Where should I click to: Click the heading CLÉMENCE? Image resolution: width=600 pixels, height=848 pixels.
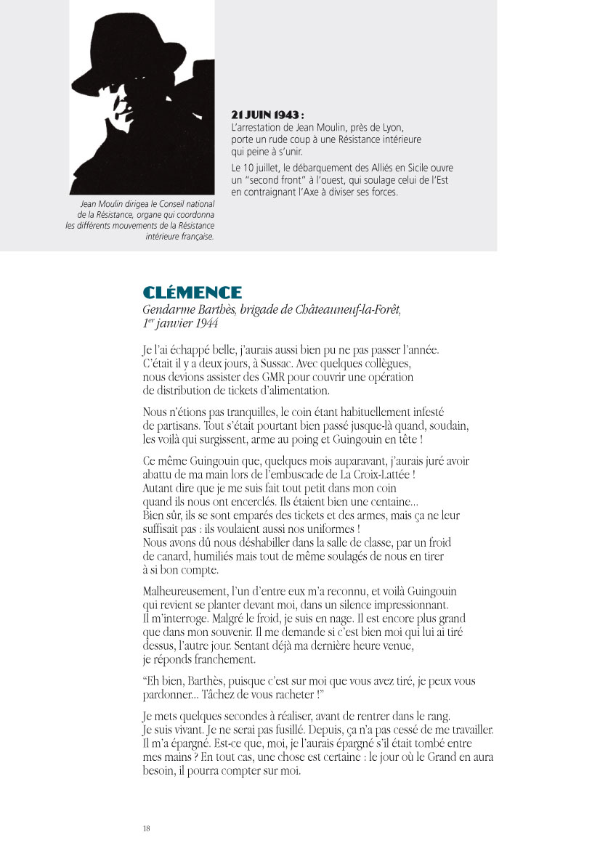tap(192, 293)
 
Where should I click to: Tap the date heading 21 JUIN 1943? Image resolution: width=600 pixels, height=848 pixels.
tap(267, 115)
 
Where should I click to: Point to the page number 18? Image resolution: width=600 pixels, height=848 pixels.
tap(146, 828)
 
